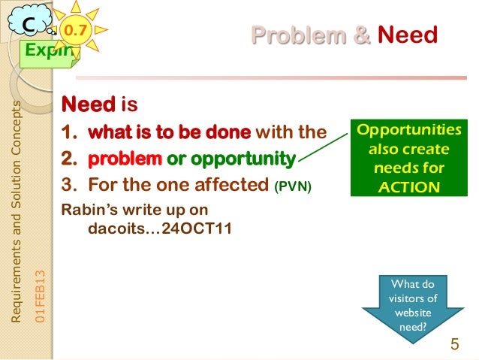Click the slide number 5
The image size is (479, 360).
(x=454, y=345)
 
